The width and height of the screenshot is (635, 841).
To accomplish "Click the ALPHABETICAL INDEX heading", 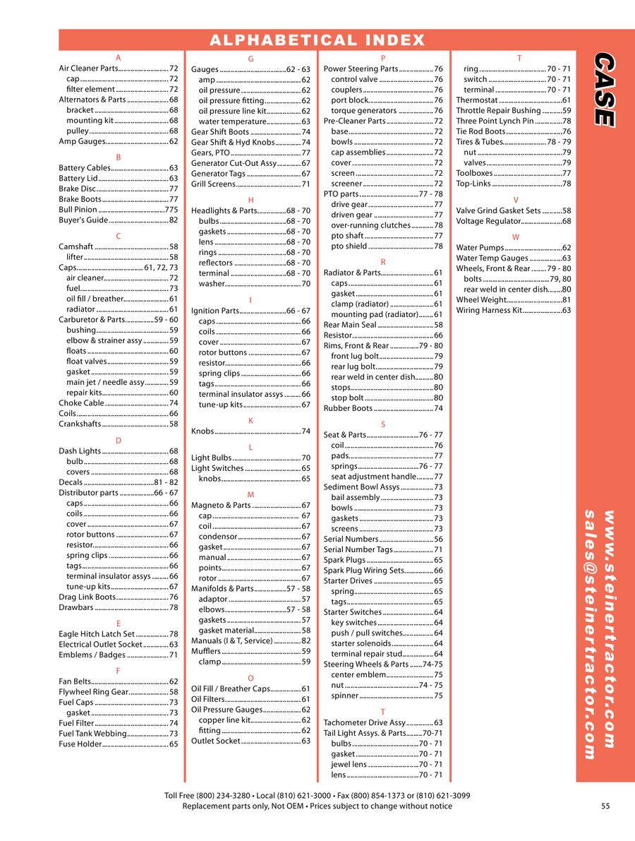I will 317,40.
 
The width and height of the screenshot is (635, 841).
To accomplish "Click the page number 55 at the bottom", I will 605,806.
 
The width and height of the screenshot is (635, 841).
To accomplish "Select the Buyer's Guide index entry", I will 83,220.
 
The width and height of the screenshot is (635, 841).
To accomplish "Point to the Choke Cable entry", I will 81,403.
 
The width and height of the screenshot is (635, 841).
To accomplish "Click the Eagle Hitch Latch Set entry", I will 97,634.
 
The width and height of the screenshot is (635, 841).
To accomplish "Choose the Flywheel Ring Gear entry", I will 93,692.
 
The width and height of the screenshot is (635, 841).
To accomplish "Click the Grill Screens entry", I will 213,184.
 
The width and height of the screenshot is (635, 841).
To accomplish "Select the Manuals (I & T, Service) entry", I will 231,640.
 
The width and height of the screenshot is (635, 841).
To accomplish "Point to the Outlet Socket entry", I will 216,741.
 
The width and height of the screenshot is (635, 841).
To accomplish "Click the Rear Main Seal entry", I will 350,325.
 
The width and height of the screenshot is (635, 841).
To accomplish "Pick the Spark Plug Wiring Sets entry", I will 364,571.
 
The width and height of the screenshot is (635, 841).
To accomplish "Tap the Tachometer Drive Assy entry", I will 365,722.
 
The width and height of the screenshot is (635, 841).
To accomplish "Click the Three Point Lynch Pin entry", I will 495,121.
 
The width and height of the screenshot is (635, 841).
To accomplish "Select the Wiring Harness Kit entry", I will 489,310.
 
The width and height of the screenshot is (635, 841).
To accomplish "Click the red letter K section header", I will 250,421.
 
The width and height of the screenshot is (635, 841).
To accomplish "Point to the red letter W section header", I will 516,237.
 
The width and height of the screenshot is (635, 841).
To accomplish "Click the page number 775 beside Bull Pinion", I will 171,210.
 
